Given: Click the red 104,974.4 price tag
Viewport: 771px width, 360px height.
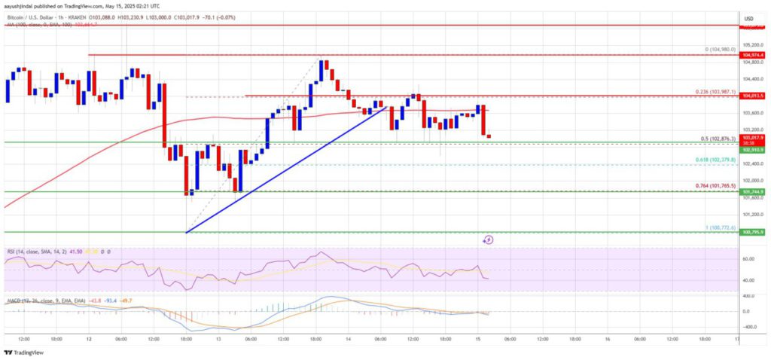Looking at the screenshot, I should click(752, 55).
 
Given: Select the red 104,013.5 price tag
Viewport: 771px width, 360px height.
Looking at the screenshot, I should click(752, 96).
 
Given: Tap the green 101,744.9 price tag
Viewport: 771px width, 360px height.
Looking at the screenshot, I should click(752, 191).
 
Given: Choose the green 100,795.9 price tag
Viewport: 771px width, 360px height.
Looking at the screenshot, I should click(752, 232).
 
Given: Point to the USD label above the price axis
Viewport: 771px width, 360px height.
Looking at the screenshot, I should click(749, 18).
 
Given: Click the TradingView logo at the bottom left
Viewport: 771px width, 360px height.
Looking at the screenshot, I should click(24, 352).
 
